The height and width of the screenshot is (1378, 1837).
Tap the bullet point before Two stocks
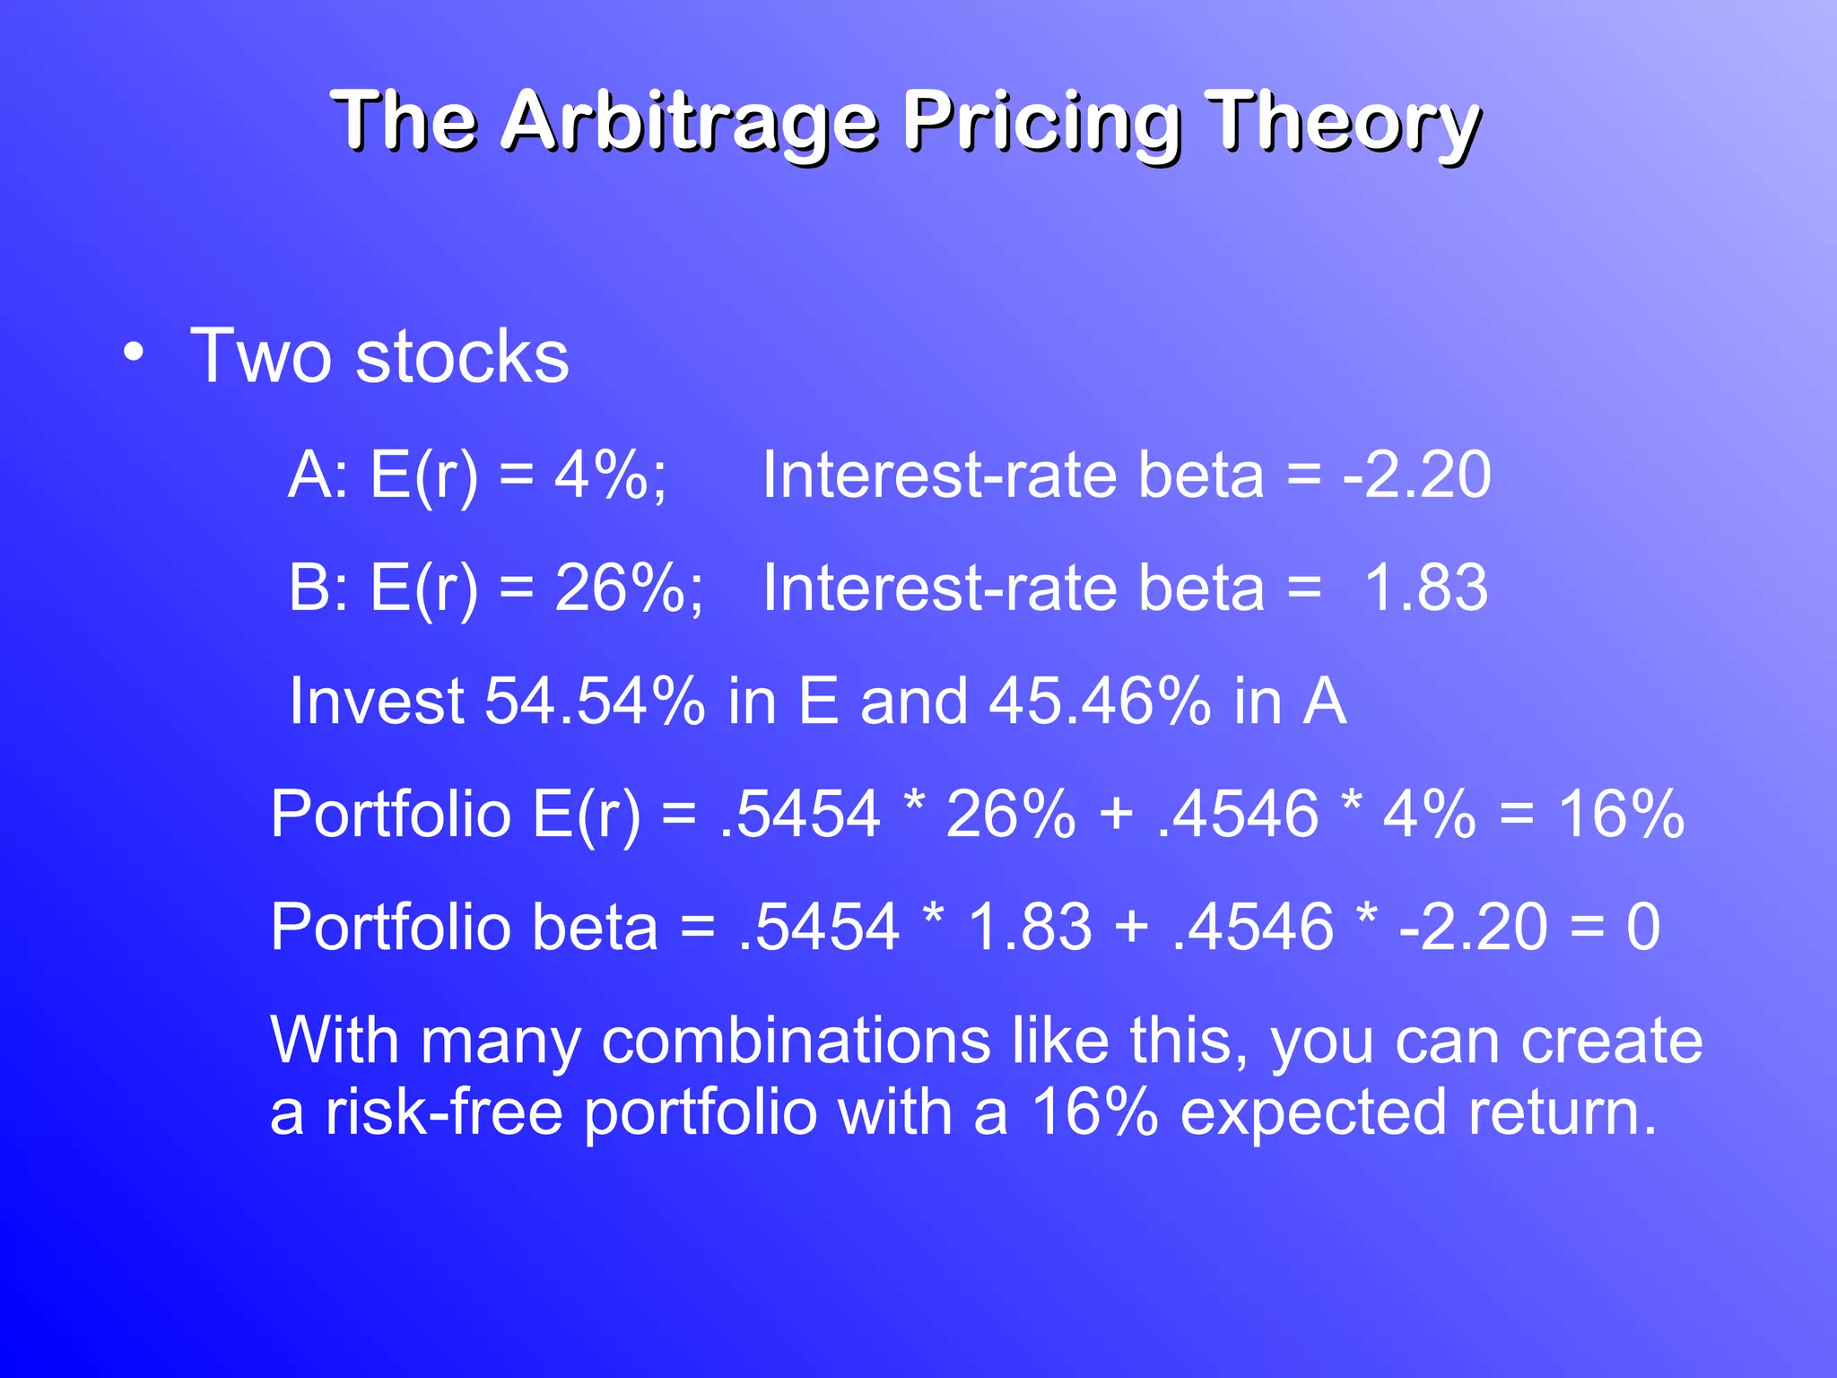134,353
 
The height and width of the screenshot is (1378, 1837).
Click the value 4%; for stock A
610,475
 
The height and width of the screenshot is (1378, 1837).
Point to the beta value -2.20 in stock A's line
1416,475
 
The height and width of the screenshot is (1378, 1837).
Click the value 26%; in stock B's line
629,588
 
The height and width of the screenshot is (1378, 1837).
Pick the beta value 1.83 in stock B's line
1425,588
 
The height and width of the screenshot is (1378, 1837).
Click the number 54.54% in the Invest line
595,701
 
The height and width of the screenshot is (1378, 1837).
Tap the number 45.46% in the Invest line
1100,701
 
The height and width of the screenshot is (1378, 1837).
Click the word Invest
376,701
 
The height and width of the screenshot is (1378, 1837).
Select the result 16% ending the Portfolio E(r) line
1621,815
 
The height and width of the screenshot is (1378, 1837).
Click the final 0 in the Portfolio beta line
1642,927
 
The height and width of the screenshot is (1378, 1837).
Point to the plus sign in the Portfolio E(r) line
1116,815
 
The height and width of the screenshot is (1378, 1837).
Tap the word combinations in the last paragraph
796,1042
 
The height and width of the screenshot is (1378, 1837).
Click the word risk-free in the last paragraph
443,1112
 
